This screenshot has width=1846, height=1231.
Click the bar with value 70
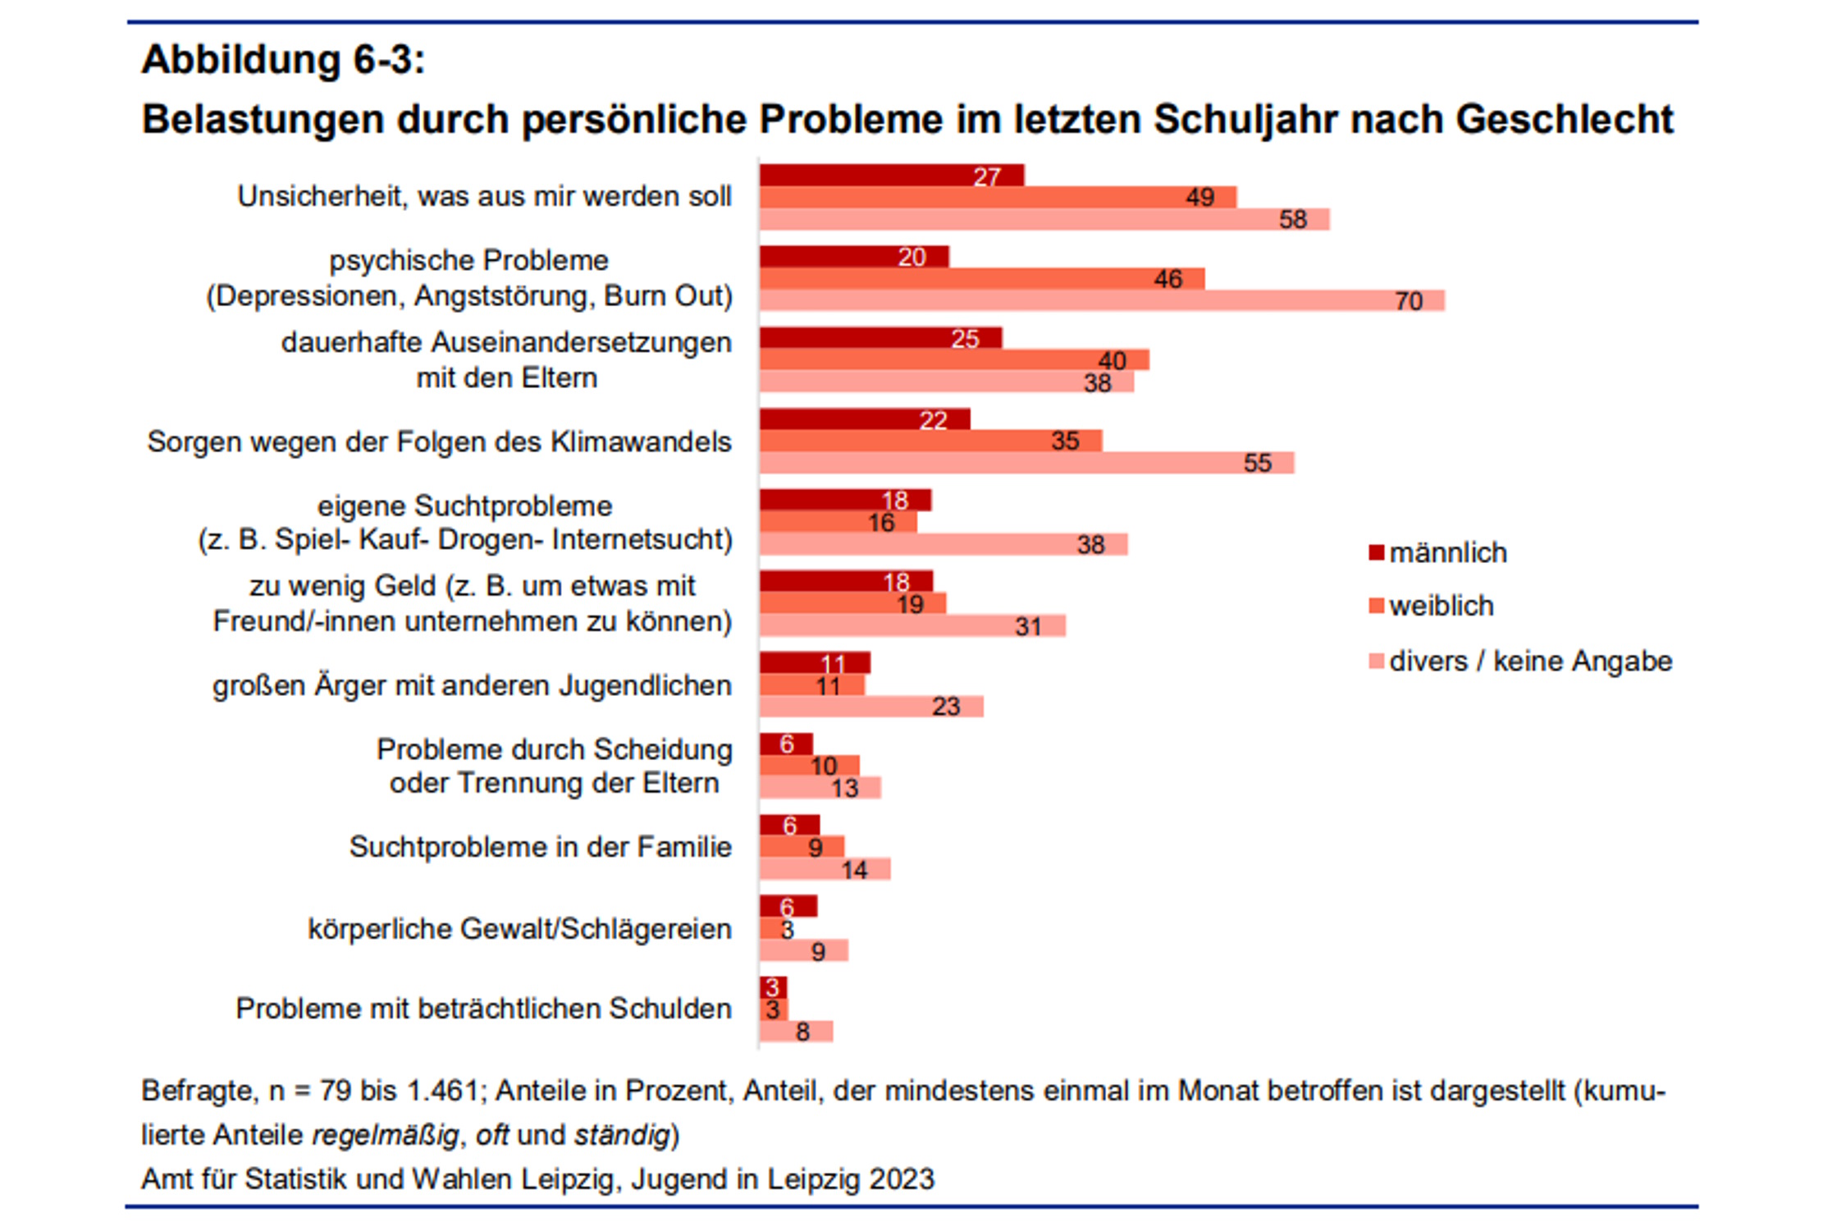[1101, 300]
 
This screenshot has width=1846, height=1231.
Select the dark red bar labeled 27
[891, 176]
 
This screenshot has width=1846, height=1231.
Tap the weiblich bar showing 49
[997, 197]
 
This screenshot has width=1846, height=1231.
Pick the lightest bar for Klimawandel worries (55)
[1026, 463]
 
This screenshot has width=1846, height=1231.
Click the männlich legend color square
[1377, 552]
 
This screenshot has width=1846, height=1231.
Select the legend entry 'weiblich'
[1441, 606]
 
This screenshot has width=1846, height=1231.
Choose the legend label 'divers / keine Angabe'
[1530, 661]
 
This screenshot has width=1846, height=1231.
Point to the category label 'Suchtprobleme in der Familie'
[540, 847]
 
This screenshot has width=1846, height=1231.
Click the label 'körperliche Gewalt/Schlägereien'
[519, 929]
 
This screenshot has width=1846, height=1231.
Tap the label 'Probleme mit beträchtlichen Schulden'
[483, 1009]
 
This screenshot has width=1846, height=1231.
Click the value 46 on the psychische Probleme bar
[1167, 279]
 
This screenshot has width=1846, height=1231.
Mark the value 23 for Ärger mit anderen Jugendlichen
[946, 707]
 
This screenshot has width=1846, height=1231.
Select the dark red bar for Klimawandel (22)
[864, 419]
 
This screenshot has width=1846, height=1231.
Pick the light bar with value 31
[912, 626]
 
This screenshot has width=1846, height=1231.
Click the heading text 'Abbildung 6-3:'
[284, 60]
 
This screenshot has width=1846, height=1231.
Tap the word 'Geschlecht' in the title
[1564, 120]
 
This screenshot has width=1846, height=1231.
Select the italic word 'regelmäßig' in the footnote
[385, 1135]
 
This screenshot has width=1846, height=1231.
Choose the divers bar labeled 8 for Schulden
[796, 1032]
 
